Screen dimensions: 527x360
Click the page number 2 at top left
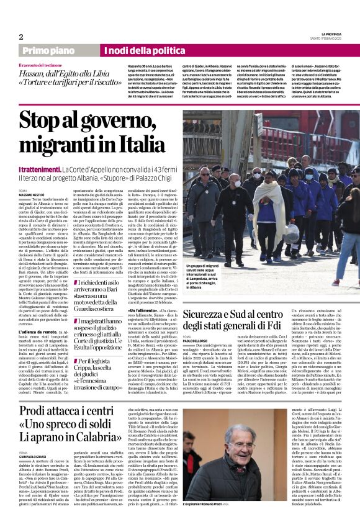[x=21, y=37]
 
